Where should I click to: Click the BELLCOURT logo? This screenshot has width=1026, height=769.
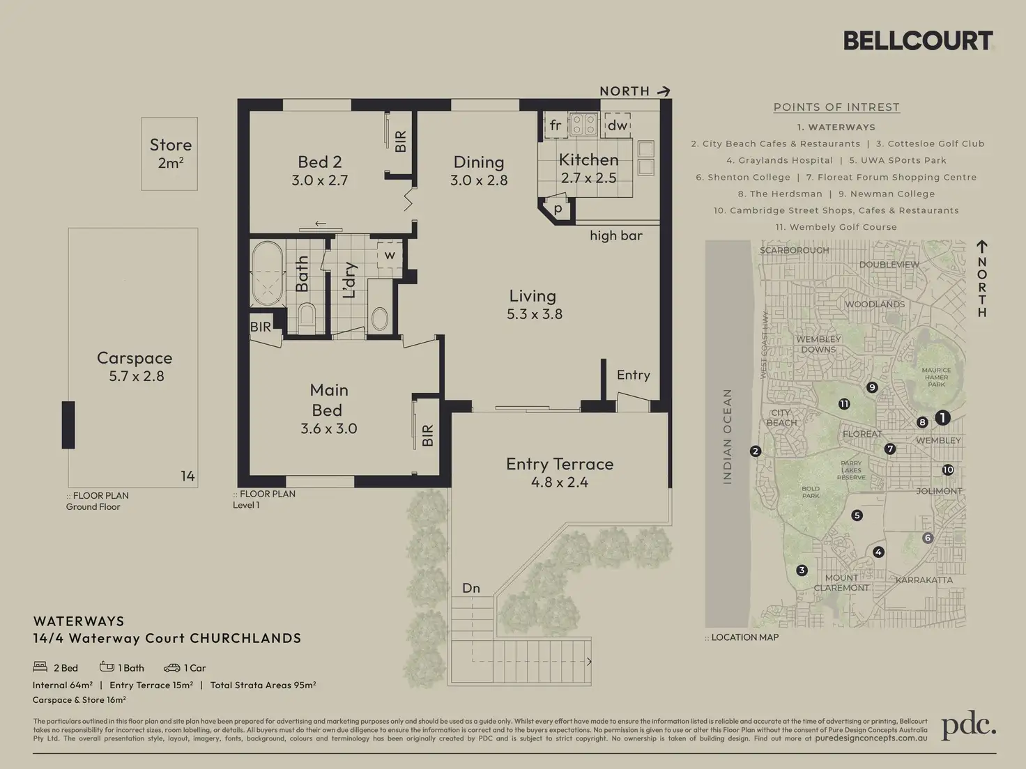tap(918, 41)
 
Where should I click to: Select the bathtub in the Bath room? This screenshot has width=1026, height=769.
tap(267, 274)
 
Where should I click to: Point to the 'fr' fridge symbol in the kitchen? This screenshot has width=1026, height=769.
tap(556, 125)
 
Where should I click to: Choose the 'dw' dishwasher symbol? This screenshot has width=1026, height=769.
tap(617, 125)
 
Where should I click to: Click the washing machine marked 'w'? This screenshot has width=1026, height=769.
tap(390, 256)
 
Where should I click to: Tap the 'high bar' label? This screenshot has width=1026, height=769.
tap(615, 235)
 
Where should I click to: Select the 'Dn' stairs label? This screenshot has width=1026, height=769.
tap(471, 588)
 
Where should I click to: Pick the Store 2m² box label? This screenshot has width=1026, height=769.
tap(170, 153)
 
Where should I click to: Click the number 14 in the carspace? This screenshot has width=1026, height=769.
tap(187, 476)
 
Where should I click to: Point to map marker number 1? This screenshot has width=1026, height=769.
tap(942, 418)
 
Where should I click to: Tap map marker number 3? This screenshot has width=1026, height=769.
tap(802, 570)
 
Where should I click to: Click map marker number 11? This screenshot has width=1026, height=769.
tap(844, 404)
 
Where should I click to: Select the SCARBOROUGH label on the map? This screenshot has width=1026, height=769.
tap(794, 250)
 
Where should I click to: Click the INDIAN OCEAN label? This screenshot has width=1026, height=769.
tap(727, 436)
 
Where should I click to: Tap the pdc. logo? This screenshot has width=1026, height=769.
tap(968, 726)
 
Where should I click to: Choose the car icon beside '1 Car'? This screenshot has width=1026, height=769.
tap(171, 668)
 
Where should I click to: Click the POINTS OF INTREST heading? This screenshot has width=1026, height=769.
tap(836, 107)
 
